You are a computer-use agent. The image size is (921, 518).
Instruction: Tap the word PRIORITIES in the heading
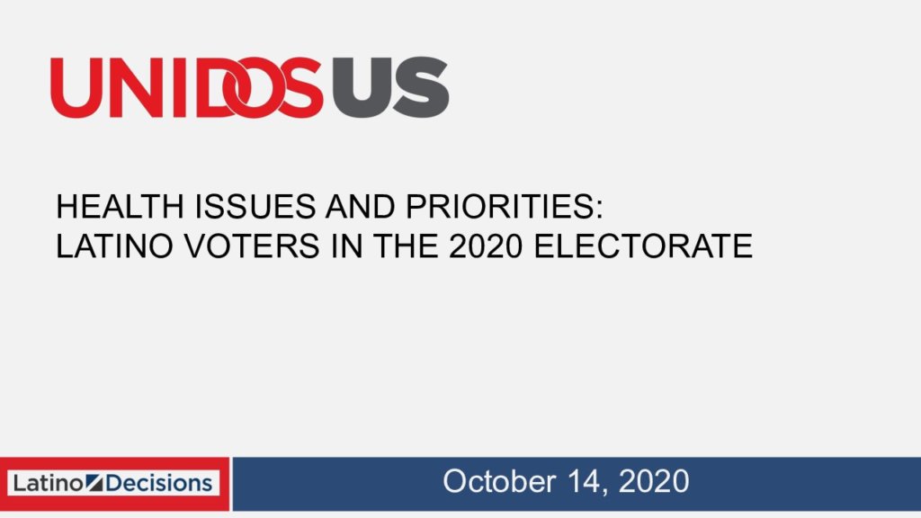504,206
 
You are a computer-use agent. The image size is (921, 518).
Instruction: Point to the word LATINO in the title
114,246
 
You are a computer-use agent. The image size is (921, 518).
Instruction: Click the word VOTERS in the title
252,246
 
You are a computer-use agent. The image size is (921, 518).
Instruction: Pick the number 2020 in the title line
485,246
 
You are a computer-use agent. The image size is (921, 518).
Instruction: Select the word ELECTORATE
643,246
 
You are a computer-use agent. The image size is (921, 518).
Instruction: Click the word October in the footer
498,482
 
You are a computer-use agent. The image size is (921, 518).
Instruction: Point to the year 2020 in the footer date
654,482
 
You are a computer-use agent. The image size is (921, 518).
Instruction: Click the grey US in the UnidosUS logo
390,87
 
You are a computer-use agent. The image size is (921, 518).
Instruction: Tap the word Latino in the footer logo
48,483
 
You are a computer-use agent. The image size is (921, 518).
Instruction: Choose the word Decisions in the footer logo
158,483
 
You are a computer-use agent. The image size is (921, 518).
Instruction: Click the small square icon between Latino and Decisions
94,483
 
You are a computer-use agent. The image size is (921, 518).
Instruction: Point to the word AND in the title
361,206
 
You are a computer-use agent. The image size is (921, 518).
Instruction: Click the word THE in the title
406,246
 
